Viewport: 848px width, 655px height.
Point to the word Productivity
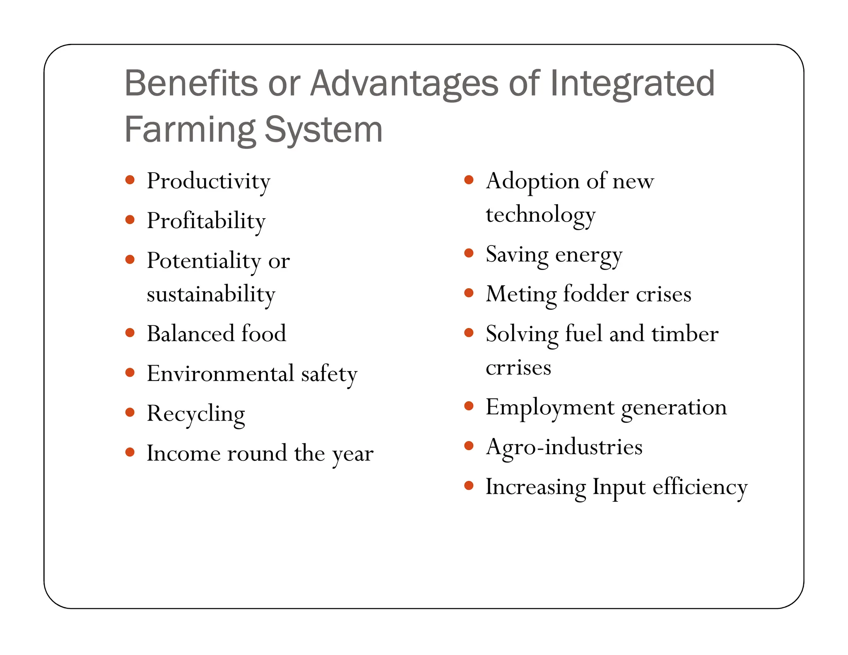(x=208, y=181)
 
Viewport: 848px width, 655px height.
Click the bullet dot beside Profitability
(x=130, y=219)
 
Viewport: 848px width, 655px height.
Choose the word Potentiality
(x=204, y=261)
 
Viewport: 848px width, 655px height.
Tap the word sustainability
(x=211, y=294)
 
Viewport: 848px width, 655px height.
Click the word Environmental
(x=220, y=374)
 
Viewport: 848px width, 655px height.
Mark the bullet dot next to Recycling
(x=130, y=412)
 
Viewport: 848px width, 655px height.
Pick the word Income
(x=183, y=453)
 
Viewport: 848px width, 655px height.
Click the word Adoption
(x=532, y=181)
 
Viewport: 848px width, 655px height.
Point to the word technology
(x=540, y=215)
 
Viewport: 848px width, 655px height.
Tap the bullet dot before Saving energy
(x=469, y=253)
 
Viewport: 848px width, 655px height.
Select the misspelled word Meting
(x=521, y=294)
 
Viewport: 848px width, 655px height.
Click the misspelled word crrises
(x=518, y=368)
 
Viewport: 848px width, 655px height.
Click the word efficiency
(x=700, y=487)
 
